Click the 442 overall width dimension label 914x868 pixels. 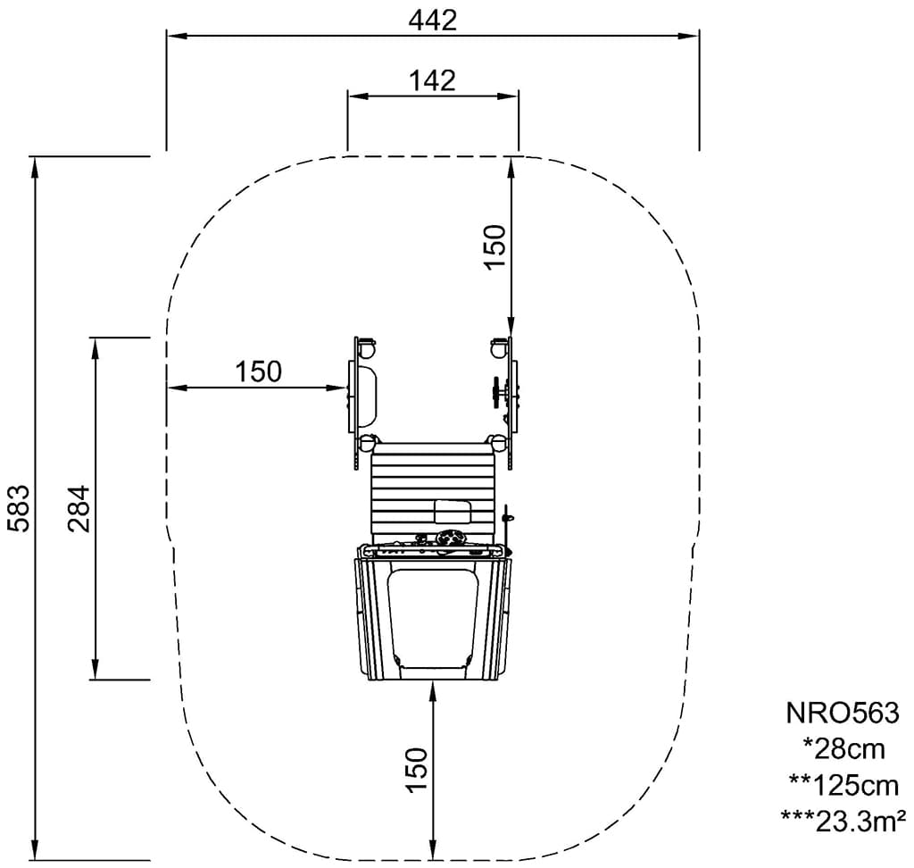pos(433,21)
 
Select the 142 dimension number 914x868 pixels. pos(432,81)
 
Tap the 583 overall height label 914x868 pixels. pos(19,508)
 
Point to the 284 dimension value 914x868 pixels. pos(79,508)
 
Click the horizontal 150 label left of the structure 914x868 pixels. pos(258,371)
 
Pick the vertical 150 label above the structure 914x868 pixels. pos(494,246)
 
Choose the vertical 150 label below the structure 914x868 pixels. pos(418,770)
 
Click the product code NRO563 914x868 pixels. pos(843,713)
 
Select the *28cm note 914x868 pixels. pos(843,749)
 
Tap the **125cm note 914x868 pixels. pos(843,786)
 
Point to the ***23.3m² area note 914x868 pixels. pos(843,822)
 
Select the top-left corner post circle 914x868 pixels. pos(368,350)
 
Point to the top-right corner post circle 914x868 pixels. pos(498,350)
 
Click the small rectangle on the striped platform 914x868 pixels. pos(453,512)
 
